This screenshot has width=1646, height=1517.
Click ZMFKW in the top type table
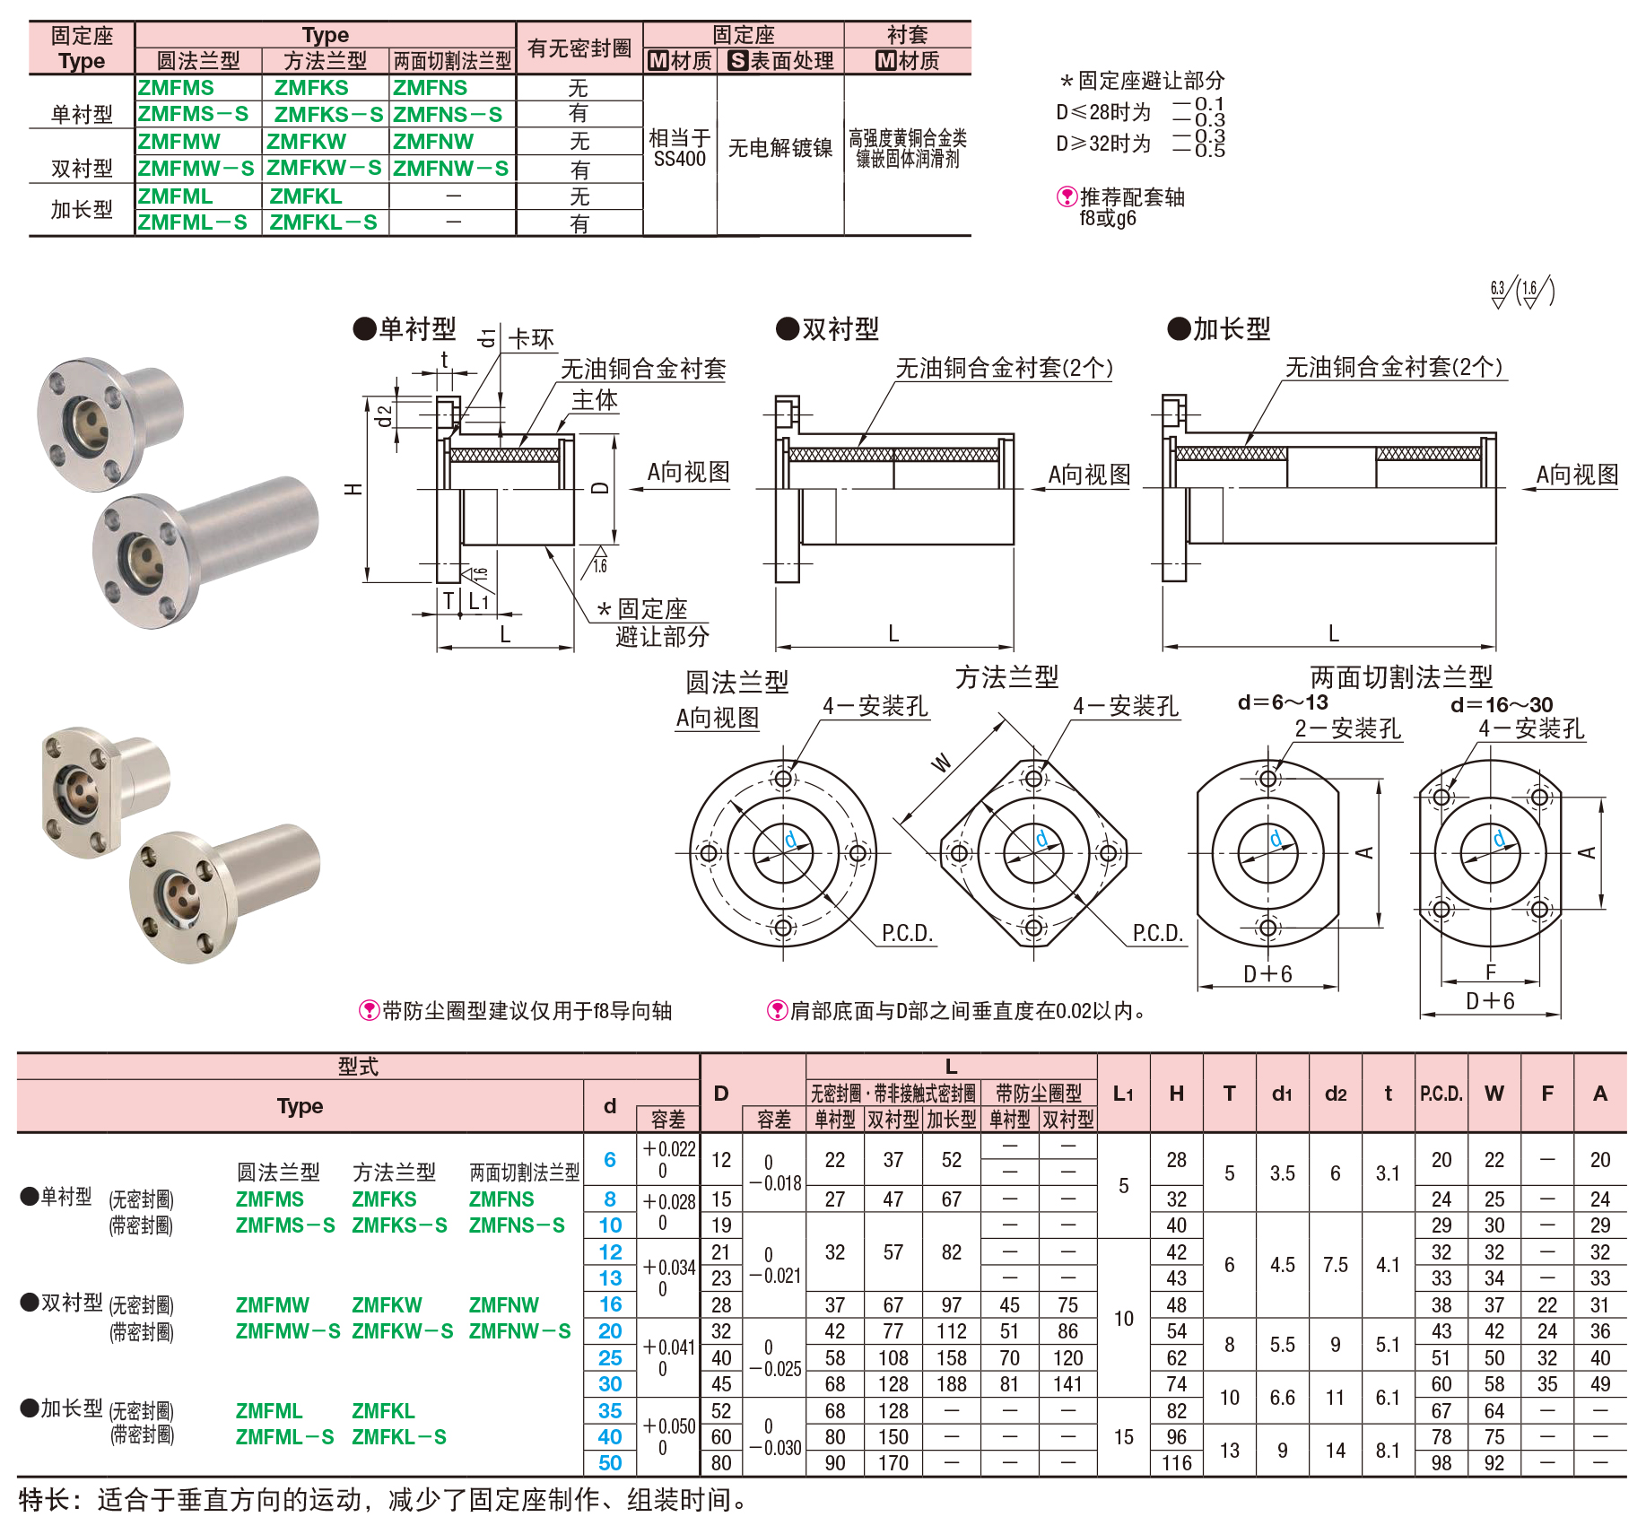pyautogui.click(x=306, y=142)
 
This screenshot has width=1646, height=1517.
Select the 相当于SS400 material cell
pyautogui.click(x=680, y=148)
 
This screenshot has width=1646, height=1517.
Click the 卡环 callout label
pyautogui.click(x=531, y=339)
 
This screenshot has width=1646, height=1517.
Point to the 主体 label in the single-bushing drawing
pyautogui.click(x=596, y=400)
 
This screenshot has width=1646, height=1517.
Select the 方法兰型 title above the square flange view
pyautogui.click(x=1006, y=677)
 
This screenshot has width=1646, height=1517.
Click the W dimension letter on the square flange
pyautogui.click(x=941, y=763)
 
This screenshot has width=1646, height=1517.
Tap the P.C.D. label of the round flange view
pyautogui.click(x=908, y=933)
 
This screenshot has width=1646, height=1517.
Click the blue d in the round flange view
pyautogui.click(x=790, y=839)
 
